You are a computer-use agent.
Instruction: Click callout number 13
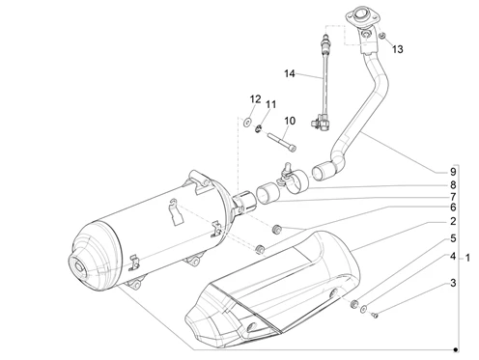(398, 49)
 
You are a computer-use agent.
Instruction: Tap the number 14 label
(290, 73)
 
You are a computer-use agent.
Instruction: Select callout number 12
(256, 99)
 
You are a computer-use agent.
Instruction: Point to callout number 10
(290, 121)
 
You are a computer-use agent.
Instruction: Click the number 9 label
(453, 172)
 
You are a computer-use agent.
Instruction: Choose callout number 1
(467, 258)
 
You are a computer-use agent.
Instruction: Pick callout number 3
(453, 283)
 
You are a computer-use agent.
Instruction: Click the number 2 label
(453, 221)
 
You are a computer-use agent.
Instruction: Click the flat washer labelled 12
(247, 123)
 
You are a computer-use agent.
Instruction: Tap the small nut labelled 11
(258, 129)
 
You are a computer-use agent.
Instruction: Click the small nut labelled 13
(382, 37)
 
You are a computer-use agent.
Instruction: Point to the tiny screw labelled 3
(375, 316)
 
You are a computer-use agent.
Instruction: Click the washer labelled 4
(364, 309)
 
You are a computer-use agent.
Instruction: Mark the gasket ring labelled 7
(268, 193)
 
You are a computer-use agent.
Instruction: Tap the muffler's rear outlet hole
(79, 266)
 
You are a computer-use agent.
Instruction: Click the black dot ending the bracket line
(455, 349)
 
